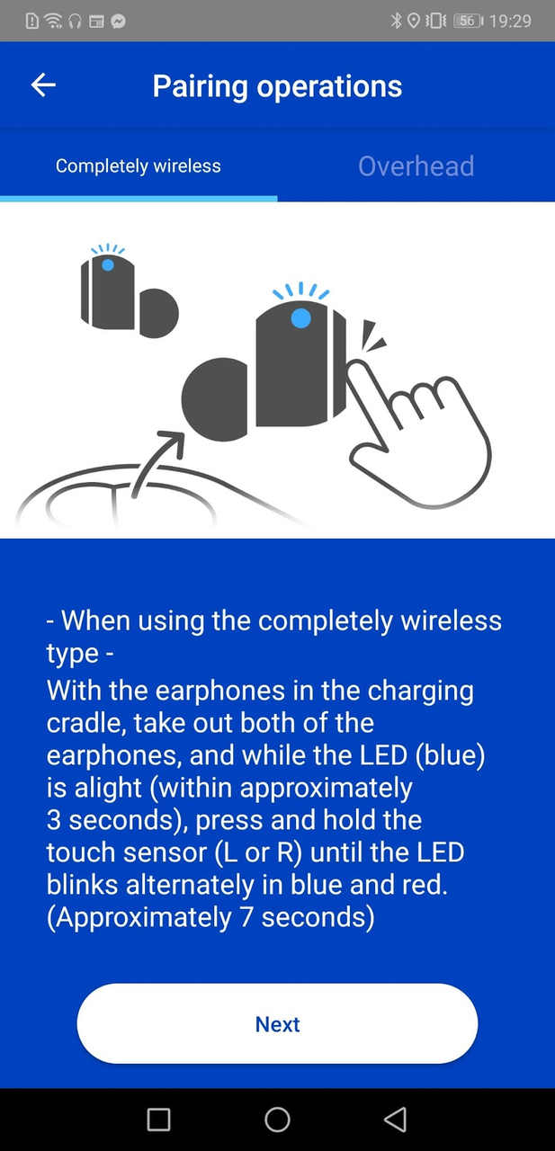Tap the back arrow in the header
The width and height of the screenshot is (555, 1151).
point(43,85)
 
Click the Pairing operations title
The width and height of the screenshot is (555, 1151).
point(277,86)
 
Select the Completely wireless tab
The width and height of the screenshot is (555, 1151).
point(139,166)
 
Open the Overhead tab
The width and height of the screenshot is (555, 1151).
point(416,166)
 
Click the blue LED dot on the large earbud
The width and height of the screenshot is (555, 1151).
point(300,318)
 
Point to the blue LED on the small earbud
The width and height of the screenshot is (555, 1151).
point(108,265)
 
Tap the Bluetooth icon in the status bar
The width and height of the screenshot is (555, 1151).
point(396,21)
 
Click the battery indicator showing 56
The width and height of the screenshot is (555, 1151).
point(468,21)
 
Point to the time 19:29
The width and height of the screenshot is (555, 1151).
point(510,21)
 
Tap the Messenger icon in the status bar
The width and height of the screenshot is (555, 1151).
point(118,21)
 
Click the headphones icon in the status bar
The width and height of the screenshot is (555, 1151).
point(75,21)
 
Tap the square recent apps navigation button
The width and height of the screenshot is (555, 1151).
point(159,1120)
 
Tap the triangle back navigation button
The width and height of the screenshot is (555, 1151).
point(395,1120)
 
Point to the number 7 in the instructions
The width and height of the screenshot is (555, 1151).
point(246,917)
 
